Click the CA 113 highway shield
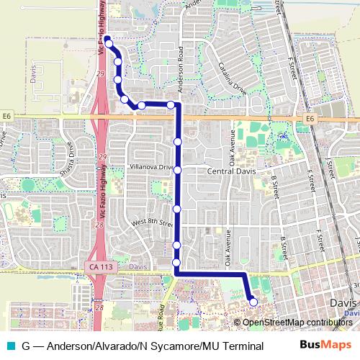pos(102,267)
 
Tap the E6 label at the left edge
pos(7,115)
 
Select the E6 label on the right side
pos(310,118)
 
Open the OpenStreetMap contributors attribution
pos(297,322)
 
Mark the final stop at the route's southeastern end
pos(253,302)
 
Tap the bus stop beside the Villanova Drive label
pos(177,170)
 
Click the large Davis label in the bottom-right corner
pos(343,303)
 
